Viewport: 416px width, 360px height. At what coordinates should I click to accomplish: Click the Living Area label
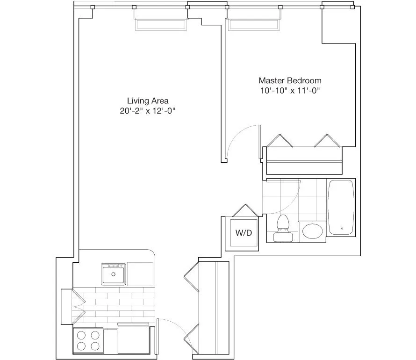pyautogui.click(x=148, y=101)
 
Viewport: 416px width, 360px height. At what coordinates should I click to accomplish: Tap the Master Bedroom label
pyautogui.click(x=290, y=80)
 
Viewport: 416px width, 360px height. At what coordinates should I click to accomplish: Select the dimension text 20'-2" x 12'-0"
pyautogui.click(x=148, y=111)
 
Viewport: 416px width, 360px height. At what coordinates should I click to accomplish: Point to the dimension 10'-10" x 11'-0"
pyautogui.click(x=290, y=91)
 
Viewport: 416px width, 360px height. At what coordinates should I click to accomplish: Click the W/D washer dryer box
pyautogui.click(x=242, y=233)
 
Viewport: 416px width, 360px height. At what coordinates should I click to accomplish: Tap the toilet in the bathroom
pyautogui.click(x=282, y=228)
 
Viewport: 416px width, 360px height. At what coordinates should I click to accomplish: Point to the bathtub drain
pyautogui.click(x=342, y=229)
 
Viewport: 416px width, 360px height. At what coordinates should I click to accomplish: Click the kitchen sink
pyautogui.click(x=113, y=274)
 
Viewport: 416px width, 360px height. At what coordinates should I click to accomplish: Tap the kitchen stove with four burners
pyautogui.click(x=88, y=340)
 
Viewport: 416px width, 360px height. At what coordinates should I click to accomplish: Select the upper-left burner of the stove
pyautogui.click(x=81, y=334)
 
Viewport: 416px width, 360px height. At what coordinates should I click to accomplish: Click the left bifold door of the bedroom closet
pyautogui.click(x=279, y=142)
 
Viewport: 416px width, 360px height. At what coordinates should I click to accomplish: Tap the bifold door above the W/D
pyautogui.click(x=244, y=211)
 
